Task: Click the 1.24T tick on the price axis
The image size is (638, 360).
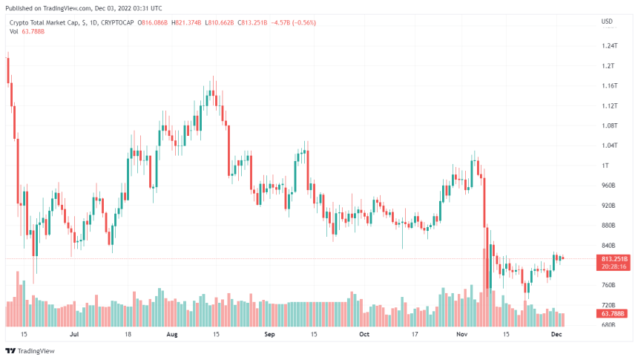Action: coord(610,46)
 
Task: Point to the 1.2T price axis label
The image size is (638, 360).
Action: coord(608,66)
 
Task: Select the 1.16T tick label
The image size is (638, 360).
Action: coord(610,86)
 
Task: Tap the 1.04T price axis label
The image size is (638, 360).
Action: coord(610,145)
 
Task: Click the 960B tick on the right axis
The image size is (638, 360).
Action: coord(609,186)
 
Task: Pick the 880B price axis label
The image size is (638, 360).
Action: coord(609,226)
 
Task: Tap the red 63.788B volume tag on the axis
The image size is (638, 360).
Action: coord(612,314)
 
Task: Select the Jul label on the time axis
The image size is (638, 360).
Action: coord(74,335)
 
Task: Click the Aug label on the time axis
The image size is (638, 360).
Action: coord(173,335)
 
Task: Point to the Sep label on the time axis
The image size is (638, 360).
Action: coord(270,335)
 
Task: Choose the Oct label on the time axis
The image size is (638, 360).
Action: coord(364,335)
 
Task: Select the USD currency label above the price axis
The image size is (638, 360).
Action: coord(606,21)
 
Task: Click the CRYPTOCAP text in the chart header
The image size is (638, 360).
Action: coord(117,22)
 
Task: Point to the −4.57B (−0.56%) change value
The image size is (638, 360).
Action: coord(295,22)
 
